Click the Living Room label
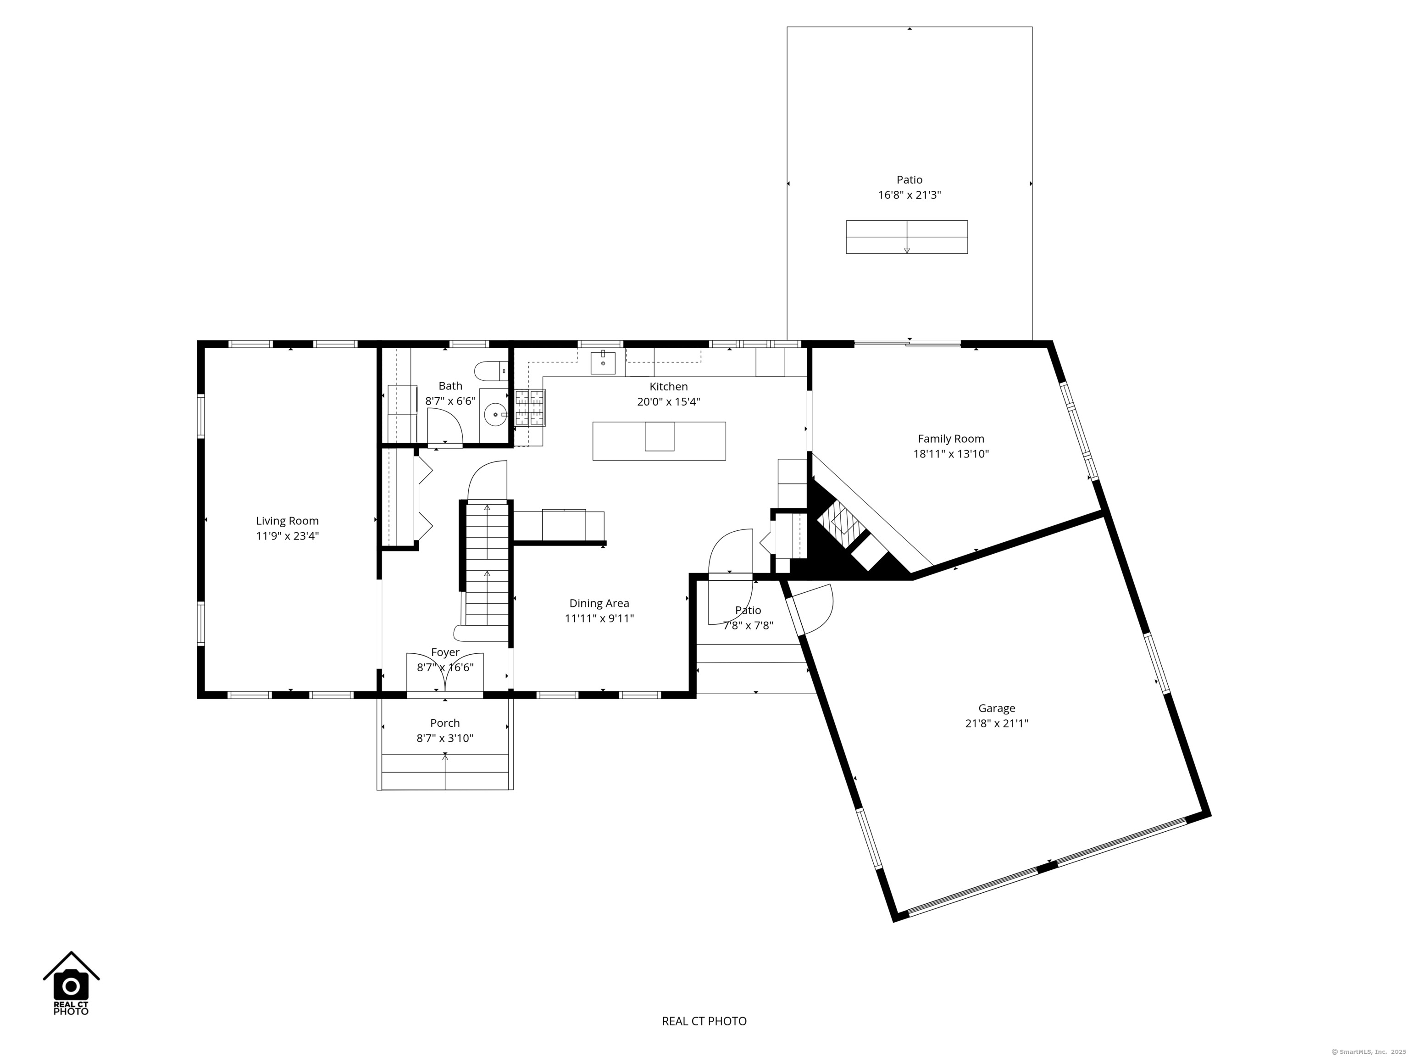point(287,521)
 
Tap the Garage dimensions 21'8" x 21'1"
point(997,723)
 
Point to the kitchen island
point(659,441)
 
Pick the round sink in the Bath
point(495,415)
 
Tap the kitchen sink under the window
point(603,362)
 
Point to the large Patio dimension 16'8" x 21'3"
point(910,195)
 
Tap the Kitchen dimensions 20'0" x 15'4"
point(669,402)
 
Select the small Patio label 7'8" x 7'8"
point(749,618)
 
